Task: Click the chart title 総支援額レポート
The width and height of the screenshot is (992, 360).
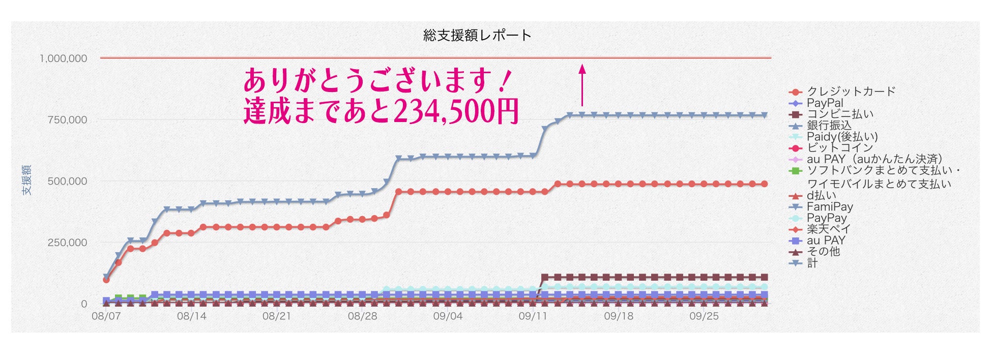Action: point(477,35)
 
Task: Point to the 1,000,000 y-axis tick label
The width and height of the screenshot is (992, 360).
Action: point(64,58)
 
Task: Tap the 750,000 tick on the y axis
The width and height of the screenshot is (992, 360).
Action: point(67,120)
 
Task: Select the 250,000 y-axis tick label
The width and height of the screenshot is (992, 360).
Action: point(67,243)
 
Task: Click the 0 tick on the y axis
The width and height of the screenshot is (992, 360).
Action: point(84,304)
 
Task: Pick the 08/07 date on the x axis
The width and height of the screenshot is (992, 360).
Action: point(106,316)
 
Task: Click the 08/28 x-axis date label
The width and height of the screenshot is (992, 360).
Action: point(362,316)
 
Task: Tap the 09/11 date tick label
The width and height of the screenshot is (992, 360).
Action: point(533,316)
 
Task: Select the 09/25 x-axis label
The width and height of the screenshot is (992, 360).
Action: point(704,316)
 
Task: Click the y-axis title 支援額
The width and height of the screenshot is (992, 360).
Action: point(26,180)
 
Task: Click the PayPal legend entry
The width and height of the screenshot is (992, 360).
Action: point(825,103)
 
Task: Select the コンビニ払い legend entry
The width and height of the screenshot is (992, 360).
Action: point(839,114)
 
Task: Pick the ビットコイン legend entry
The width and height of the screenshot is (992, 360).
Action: point(839,148)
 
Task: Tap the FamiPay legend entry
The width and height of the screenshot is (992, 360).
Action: point(829,207)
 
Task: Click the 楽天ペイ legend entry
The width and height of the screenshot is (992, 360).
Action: point(828,229)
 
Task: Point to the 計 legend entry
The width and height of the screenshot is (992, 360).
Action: point(812,263)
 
